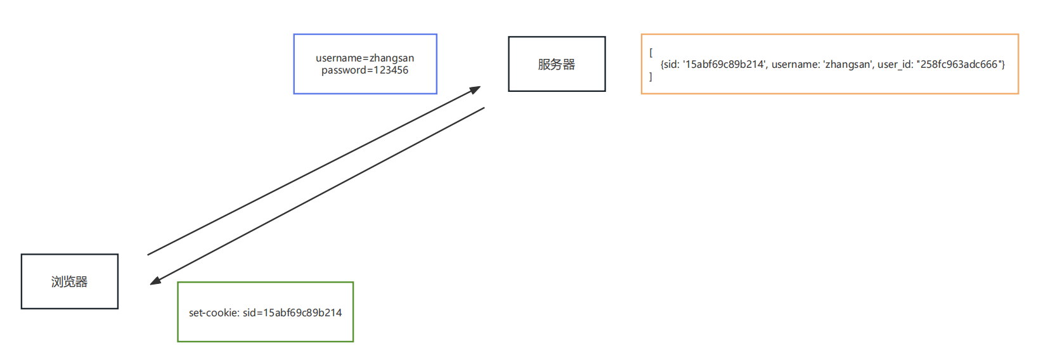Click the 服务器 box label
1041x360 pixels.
[x=556, y=65]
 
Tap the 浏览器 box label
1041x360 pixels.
[x=69, y=282]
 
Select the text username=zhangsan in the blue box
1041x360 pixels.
[x=365, y=58]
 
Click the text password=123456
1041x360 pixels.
[x=365, y=70]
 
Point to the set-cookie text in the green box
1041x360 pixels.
[x=265, y=312]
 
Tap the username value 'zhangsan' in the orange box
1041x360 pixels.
[x=848, y=65]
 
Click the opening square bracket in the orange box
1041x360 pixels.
[x=651, y=53]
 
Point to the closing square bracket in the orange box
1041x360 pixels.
[x=651, y=77]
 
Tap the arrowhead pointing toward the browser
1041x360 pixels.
[x=155, y=281]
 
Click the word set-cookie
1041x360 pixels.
[x=214, y=312]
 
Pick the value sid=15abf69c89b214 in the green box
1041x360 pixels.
[x=292, y=312]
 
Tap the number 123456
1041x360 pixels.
[x=391, y=70]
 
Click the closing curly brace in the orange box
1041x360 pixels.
[x=1003, y=65]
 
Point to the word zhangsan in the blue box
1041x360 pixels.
[x=392, y=58]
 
